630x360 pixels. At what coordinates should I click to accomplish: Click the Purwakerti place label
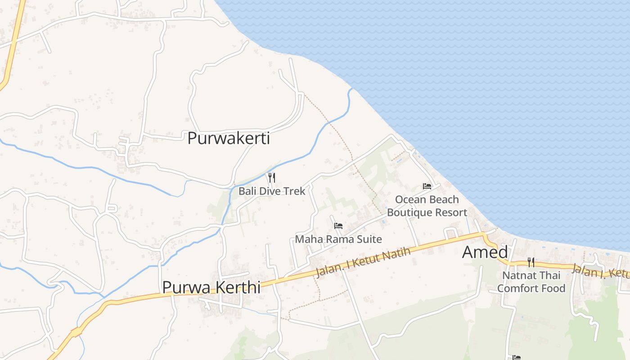point(229,138)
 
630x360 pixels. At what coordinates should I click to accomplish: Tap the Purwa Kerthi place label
point(211,287)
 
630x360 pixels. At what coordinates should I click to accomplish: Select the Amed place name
point(485,252)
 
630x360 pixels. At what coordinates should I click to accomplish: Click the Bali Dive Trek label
point(272,191)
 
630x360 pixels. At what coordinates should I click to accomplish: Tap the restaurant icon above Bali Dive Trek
point(271,177)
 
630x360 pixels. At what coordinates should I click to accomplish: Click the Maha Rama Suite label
point(338,239)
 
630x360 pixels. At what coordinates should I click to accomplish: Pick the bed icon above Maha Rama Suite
point(338,226)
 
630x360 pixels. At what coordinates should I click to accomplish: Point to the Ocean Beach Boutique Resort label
point(427,206)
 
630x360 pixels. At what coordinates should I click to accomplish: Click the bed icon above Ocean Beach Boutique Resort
point(427,186)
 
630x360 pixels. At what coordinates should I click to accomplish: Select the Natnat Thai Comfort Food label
point(531,282)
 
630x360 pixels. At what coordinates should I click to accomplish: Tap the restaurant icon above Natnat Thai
point(531,262)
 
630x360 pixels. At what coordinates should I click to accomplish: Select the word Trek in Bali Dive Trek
point(295,191)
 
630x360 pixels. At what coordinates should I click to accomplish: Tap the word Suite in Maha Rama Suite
point(369,239)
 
